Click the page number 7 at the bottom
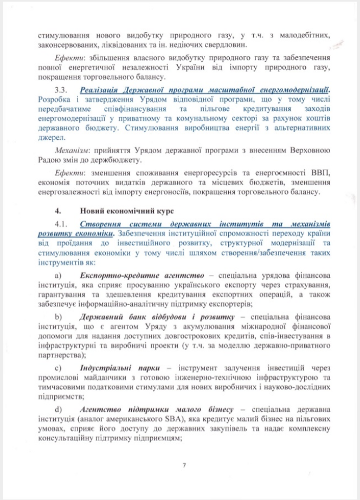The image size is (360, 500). click(184, 465)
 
